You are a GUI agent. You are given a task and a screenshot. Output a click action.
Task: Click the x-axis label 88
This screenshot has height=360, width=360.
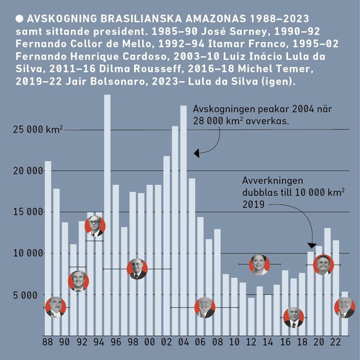[48, 342]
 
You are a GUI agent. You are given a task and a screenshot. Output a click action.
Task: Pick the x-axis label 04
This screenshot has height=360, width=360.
[183, 342]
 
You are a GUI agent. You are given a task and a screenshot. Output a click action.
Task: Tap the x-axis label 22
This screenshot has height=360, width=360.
[335, 342]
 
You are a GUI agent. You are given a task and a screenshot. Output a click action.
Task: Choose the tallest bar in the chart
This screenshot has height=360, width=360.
[107, 206]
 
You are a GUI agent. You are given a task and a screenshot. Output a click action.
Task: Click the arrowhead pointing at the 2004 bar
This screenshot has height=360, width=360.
[196, 153]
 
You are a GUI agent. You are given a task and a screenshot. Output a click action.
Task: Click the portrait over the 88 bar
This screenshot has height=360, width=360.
[55, 307]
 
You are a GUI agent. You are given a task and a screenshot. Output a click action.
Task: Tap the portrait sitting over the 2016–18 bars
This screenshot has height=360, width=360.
[294, 317]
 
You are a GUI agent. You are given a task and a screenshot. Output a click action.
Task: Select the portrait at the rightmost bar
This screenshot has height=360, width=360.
[345, 308]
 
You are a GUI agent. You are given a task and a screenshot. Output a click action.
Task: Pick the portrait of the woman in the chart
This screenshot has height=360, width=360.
[259, 264]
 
